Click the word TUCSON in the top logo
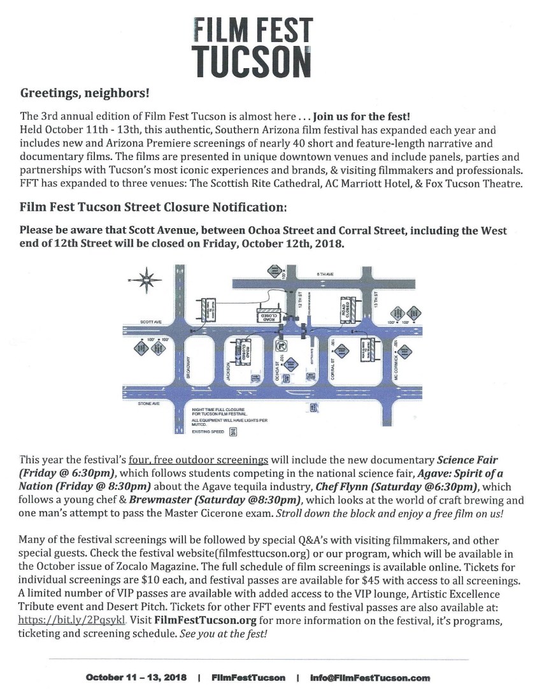(253, 60)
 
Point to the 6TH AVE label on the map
(326, 274)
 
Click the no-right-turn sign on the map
(280, 346)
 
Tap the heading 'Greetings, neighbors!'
(85, 94)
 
